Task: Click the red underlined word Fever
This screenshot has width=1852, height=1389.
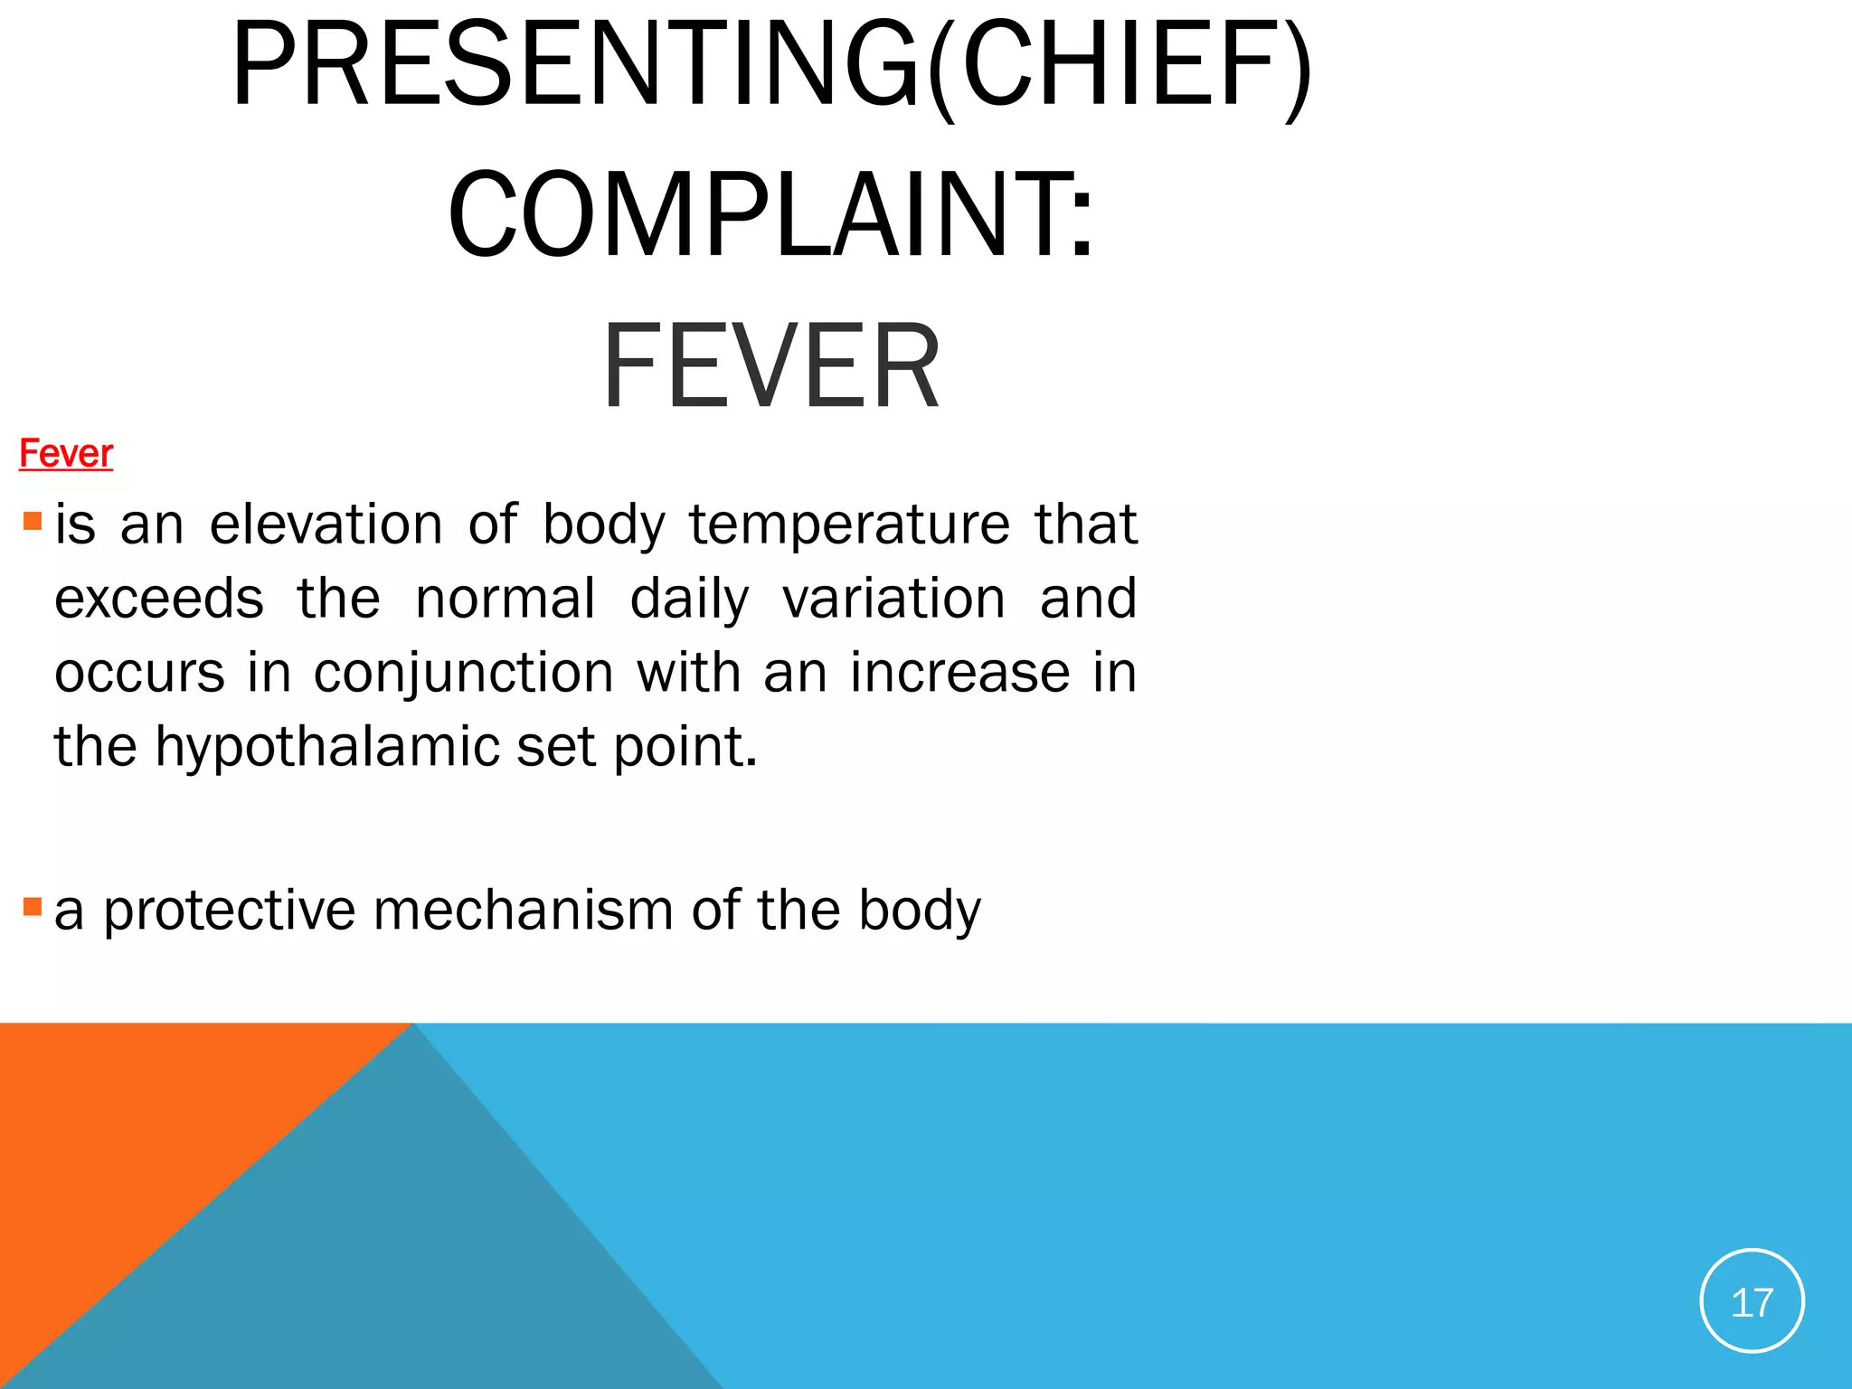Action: (x=66, y=453)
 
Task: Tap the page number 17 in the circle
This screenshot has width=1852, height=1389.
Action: (x=1752, y=1303)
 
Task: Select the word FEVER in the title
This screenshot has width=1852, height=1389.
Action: (x=771, y=366)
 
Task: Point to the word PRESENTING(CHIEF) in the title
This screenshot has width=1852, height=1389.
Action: (x=771, y=66)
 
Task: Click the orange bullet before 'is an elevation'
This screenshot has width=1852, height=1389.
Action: (x=33, y=521)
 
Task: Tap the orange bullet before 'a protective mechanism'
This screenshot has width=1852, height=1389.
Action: (x=33, y=906)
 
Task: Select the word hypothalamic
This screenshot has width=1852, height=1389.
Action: (x=327, y=747)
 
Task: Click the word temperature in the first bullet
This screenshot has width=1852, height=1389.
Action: (x=849, y=524)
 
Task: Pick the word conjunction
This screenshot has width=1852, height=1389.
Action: (x=464, y=673)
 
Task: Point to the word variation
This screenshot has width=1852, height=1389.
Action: (x=893, y=599)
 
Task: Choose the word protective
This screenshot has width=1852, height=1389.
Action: (x=230, y=910)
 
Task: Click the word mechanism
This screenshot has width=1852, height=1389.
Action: (x=523, y=910)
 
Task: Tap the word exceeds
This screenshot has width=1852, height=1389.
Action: (x=159, y=599)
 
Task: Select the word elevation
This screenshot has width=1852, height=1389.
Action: (x=326, y=524)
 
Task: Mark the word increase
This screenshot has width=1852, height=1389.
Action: (x=959, y=673)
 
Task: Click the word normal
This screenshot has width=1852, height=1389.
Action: (x=506, y=599)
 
